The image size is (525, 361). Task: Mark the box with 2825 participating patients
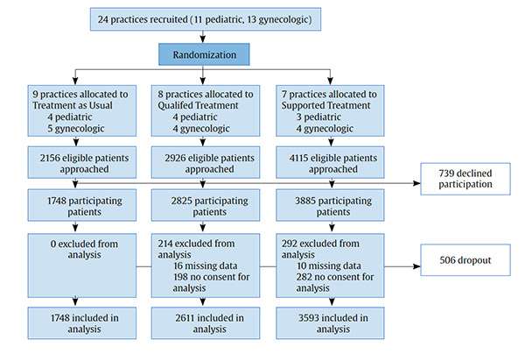click(x=204, y=206)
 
